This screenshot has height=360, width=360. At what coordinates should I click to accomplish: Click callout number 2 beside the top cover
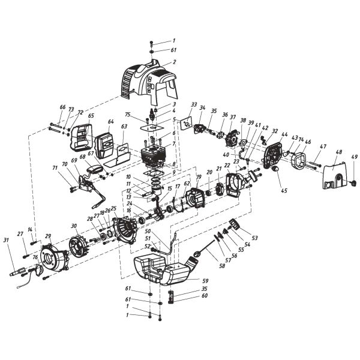[x=174, y=62]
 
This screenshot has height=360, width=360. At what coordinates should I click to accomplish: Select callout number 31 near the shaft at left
[x=7, y=241]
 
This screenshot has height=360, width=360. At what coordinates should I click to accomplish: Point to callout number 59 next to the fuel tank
[x=205, y=281]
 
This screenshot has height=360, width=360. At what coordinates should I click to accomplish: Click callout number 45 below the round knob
[x=284, y=191]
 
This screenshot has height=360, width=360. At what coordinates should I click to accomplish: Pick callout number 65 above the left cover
[x=91, y=116]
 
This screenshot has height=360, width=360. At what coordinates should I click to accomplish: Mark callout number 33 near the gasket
[x=194, y=104]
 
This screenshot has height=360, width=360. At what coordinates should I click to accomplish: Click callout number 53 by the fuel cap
[x=255, y=238]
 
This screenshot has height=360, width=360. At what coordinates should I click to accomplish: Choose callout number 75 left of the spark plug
[x=128, y=115]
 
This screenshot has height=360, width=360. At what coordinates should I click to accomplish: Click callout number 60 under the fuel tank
[x=205, y=296]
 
